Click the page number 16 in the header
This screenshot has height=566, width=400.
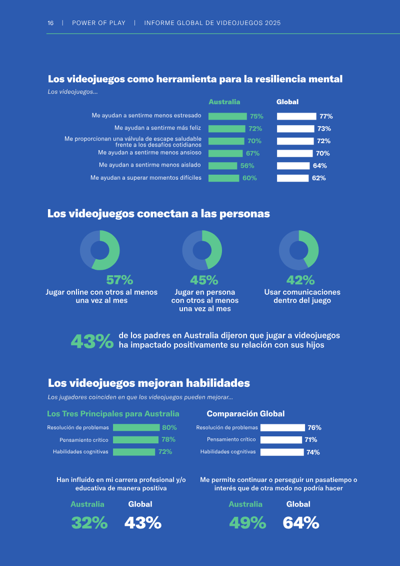pos(50,23)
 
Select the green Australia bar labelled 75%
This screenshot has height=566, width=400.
pos(227,116)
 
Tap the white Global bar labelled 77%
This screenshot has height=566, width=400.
pos(296,116)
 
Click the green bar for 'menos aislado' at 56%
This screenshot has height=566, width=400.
pos(223,166)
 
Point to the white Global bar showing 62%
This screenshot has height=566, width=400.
pos(293,178)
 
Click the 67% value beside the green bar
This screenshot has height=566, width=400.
pos(253,154)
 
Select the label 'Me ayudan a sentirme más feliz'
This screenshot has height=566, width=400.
pos(158,128)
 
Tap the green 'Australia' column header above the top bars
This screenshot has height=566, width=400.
pos(224,102)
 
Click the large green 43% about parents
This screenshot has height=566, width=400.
pos(92,341)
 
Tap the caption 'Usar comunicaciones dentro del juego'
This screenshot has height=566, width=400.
pos(302,296)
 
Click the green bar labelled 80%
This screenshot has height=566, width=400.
pos(136,428)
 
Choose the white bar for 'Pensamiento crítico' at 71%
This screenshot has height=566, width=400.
pos(281,440)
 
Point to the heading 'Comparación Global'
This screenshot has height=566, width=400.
pos(245,414)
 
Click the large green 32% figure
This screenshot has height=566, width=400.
pos(89,522)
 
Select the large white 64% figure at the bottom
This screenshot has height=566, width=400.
pos(301,522)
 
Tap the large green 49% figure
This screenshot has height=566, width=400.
pos(248,522)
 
